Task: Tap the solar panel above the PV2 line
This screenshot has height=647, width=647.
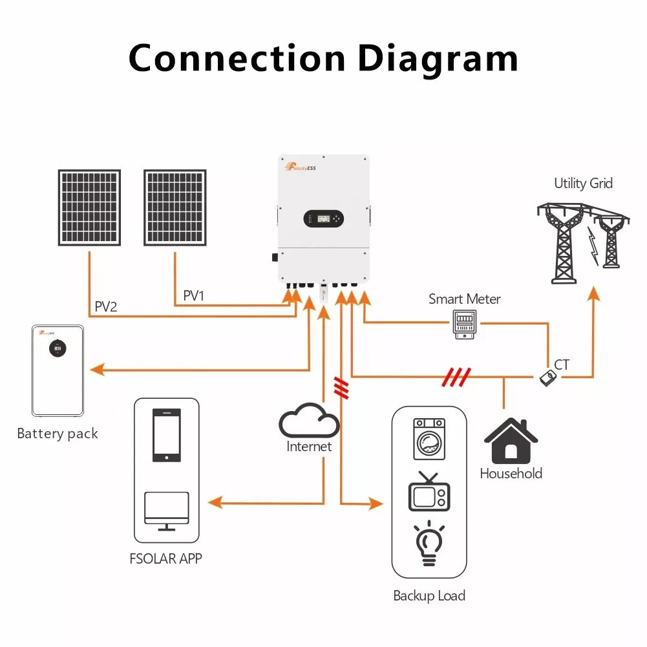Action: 89,207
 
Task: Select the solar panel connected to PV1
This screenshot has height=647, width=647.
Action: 175,207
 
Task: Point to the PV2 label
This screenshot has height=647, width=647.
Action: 106,306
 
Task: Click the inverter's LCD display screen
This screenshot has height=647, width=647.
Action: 323,219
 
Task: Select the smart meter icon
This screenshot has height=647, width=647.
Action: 464,324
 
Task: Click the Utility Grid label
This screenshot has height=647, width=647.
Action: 583,184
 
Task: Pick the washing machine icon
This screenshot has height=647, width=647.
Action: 429,440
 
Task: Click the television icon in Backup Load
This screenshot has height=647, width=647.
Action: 429,493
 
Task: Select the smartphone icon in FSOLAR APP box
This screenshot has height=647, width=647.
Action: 166,435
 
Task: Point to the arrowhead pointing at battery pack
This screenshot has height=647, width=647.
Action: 97,370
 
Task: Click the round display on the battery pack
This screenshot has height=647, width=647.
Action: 58,348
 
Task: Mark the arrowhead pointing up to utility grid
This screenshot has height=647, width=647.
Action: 593,294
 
